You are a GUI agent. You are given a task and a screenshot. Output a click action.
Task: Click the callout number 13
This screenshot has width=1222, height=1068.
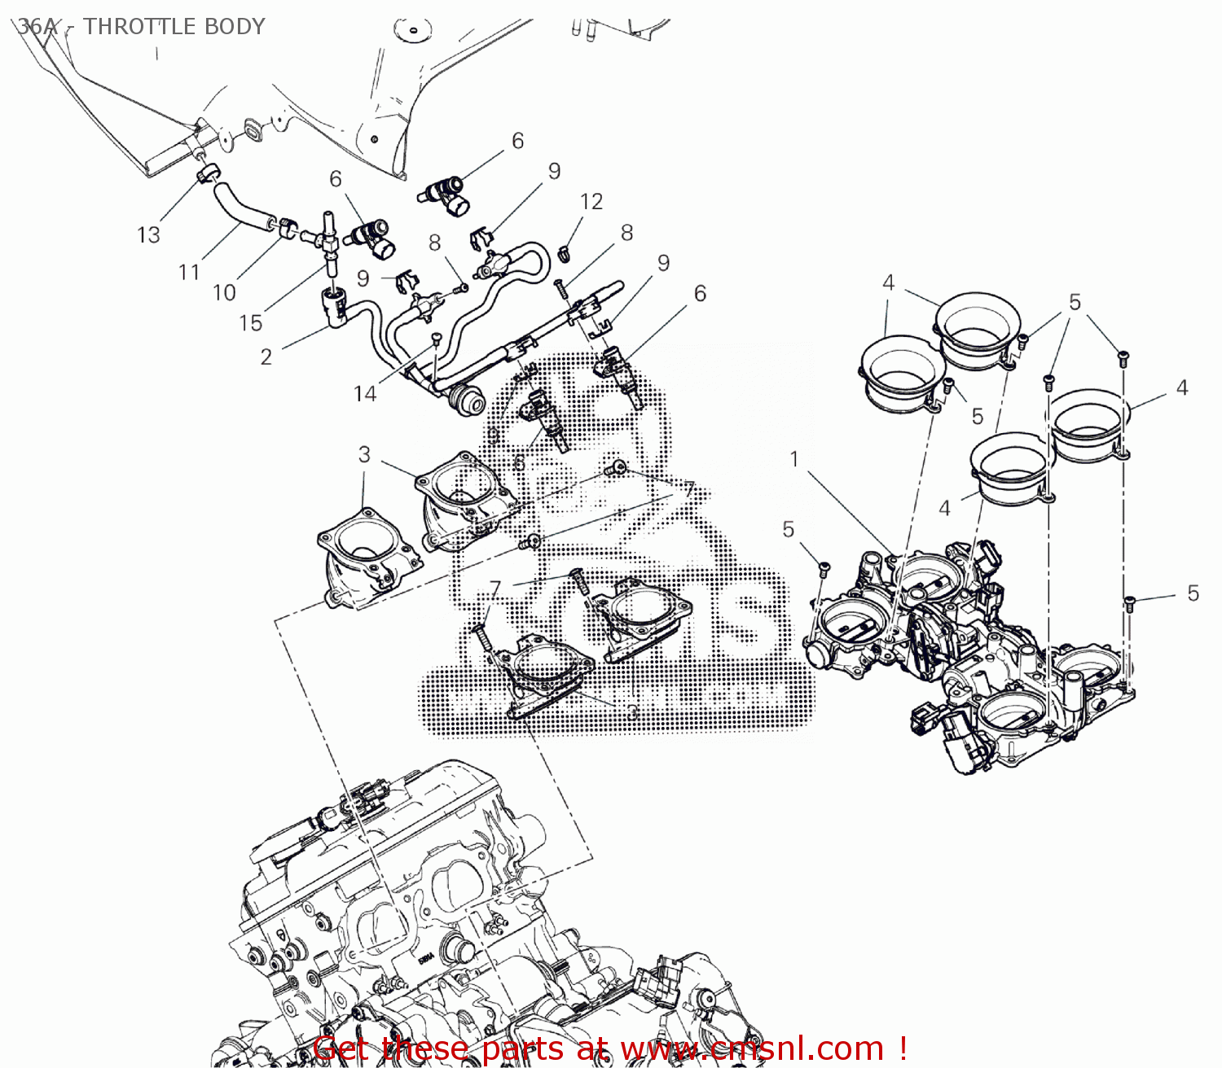click(x=148, y=235)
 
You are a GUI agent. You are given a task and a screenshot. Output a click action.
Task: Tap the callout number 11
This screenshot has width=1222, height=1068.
click(x=189, y=272)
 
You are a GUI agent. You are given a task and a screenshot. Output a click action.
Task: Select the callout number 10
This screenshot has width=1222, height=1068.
click(x=224, y=293)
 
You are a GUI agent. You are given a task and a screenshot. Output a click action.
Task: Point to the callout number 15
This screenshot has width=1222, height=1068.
click(x=251, y=323)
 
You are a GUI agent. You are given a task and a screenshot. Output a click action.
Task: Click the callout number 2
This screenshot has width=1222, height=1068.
click(x=266, y=357)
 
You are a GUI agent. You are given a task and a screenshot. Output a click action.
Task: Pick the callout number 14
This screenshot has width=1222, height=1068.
click(x=365, y=394)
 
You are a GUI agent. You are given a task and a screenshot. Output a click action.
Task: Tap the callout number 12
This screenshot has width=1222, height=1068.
click(x=591, y=201)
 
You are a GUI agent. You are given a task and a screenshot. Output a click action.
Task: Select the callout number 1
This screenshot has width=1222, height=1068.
click(x=794, y=459)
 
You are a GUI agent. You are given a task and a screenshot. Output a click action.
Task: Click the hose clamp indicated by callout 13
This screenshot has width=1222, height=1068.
click(x=209, y=173)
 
